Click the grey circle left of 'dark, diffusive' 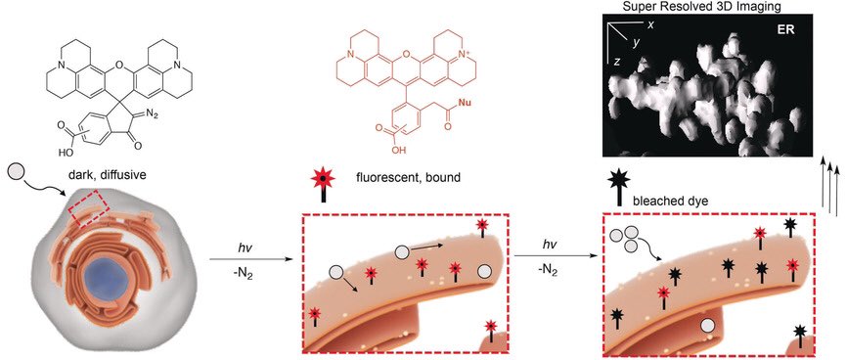point(17,173)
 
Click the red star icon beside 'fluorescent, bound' point(324,178)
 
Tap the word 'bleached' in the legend point(653,201)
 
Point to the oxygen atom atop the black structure point(119,67)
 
